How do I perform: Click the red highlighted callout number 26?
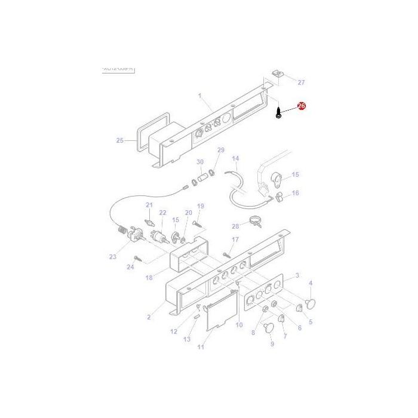pos(301,106)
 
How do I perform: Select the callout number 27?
pos(301,82)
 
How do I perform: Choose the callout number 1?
pos(200,95)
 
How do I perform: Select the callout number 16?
pos(295,193)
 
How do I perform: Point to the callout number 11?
pos(201,347)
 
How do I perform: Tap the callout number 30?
pos(200,162)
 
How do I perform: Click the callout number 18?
pos(149,277)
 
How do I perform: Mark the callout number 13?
pos(187,339)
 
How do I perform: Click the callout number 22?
pos(162,213)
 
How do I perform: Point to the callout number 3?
pos(297,275)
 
